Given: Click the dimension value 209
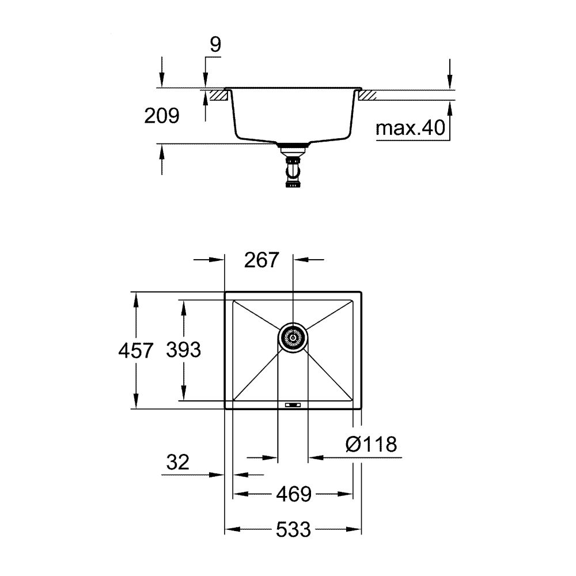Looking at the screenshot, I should (x=161, y=116).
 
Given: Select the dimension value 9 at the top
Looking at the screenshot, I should (x=214, y=46).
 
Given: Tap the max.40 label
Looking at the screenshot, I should (x=411, y=128).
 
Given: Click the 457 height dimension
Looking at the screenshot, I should (x=136, y=350).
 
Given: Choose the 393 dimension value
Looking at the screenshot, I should (x=183, y=350).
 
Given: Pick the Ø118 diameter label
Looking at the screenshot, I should (x=371, y=444).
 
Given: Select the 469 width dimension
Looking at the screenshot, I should (x=293, y=494).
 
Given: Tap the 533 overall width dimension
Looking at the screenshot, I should (x=292, y=529).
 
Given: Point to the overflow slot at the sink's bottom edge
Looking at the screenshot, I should (x=293, y=405).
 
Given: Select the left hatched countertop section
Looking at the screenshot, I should (x=217, y=95).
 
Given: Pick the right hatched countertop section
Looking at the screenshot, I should (x=368, y=95).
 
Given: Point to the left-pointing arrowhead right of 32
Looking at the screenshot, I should (x=240, y=475).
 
